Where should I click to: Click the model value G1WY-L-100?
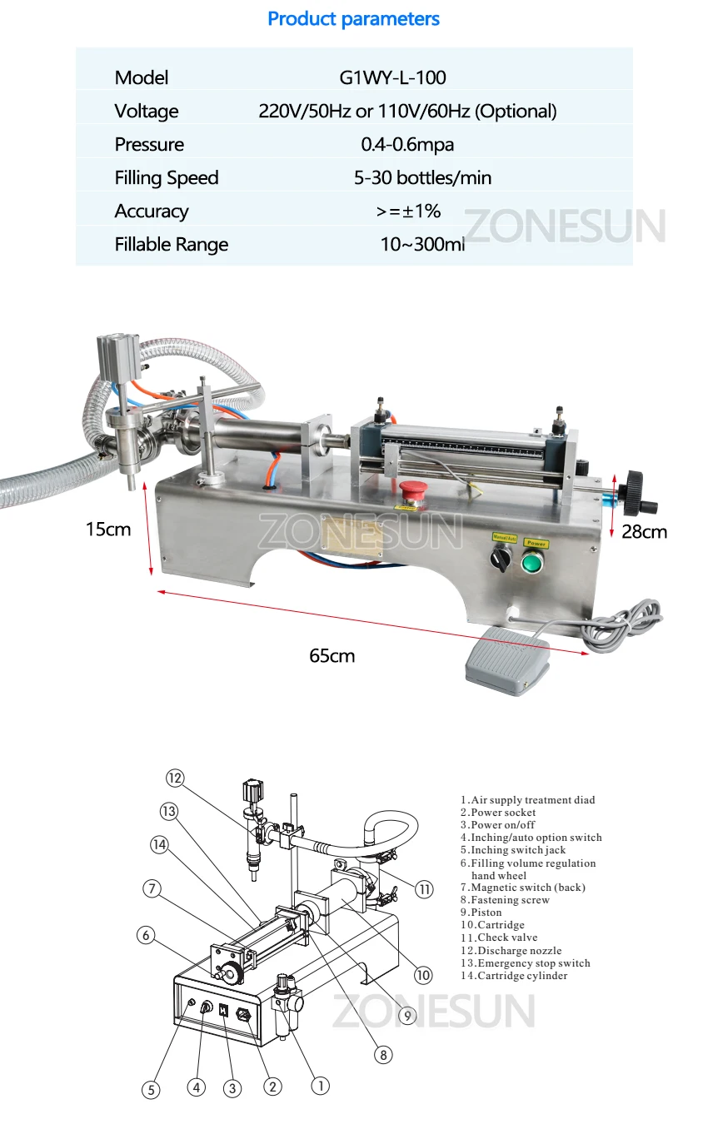pos(392,77)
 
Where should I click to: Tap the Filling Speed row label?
pos(167,178)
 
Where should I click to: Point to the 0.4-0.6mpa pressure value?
pos(407,144)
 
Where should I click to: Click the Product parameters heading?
pos(353,19)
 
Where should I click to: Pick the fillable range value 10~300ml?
pos(422,244)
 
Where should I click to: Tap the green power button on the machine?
pos(532,562)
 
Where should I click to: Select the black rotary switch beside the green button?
pos(501,558)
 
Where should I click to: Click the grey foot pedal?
pos(507,660)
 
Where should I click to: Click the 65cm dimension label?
pos(332,655)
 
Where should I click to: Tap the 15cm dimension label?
pos(107,530)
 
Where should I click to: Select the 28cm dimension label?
pos(644,532)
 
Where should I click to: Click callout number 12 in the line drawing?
pos(175,778)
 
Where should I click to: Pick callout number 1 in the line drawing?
pos(321,1086)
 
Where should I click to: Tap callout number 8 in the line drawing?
pos(383,1055)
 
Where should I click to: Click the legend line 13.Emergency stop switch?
pos(526,963)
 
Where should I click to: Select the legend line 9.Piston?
pos(481,913)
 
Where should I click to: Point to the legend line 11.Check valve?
pos(499,938)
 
